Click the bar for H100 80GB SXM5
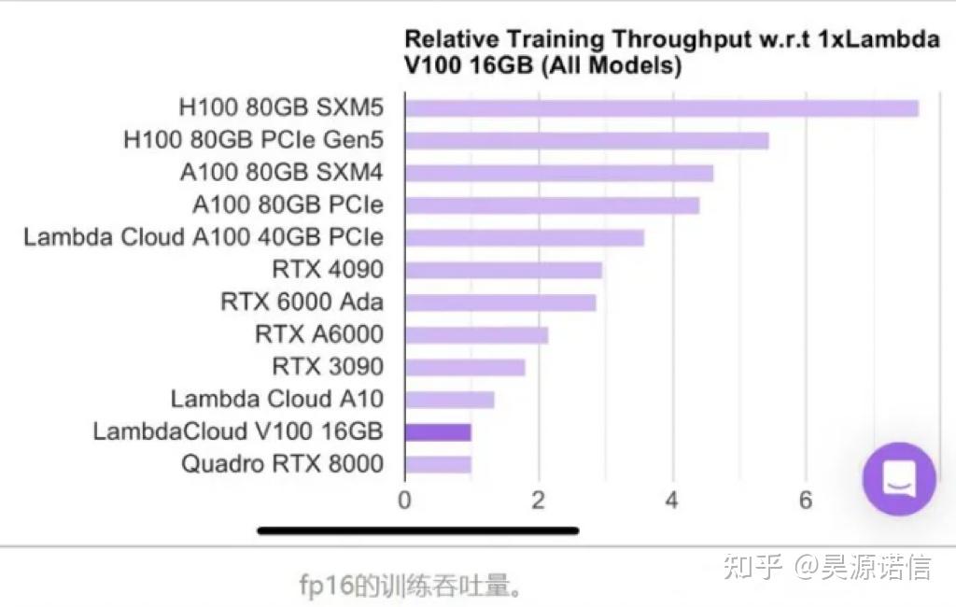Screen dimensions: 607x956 pos(661,108)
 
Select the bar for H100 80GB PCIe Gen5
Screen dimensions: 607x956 pos(586,141)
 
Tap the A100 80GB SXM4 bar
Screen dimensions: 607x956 pos(558,174)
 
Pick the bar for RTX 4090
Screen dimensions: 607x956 pos(503,271)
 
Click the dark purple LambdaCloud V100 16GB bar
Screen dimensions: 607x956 pos(438,432)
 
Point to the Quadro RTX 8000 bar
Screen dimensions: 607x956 pos(438,464)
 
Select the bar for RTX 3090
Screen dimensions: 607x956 pos(465,368)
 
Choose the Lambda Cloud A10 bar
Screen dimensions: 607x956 pos(449,401)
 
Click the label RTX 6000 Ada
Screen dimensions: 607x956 pos(302,303)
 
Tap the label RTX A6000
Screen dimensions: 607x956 pos(319,334)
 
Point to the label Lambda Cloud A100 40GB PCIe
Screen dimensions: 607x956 pos(204,237)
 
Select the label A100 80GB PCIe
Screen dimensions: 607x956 pos(288,205)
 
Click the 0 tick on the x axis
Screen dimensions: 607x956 pos(404,500)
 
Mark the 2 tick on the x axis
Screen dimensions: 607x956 pos(539,500)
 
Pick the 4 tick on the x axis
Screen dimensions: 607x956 pos(672,500)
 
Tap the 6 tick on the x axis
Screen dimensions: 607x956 pos(806,500)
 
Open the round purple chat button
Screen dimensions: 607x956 pos(899,479)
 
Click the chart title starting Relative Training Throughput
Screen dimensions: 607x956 pos(670,52)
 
